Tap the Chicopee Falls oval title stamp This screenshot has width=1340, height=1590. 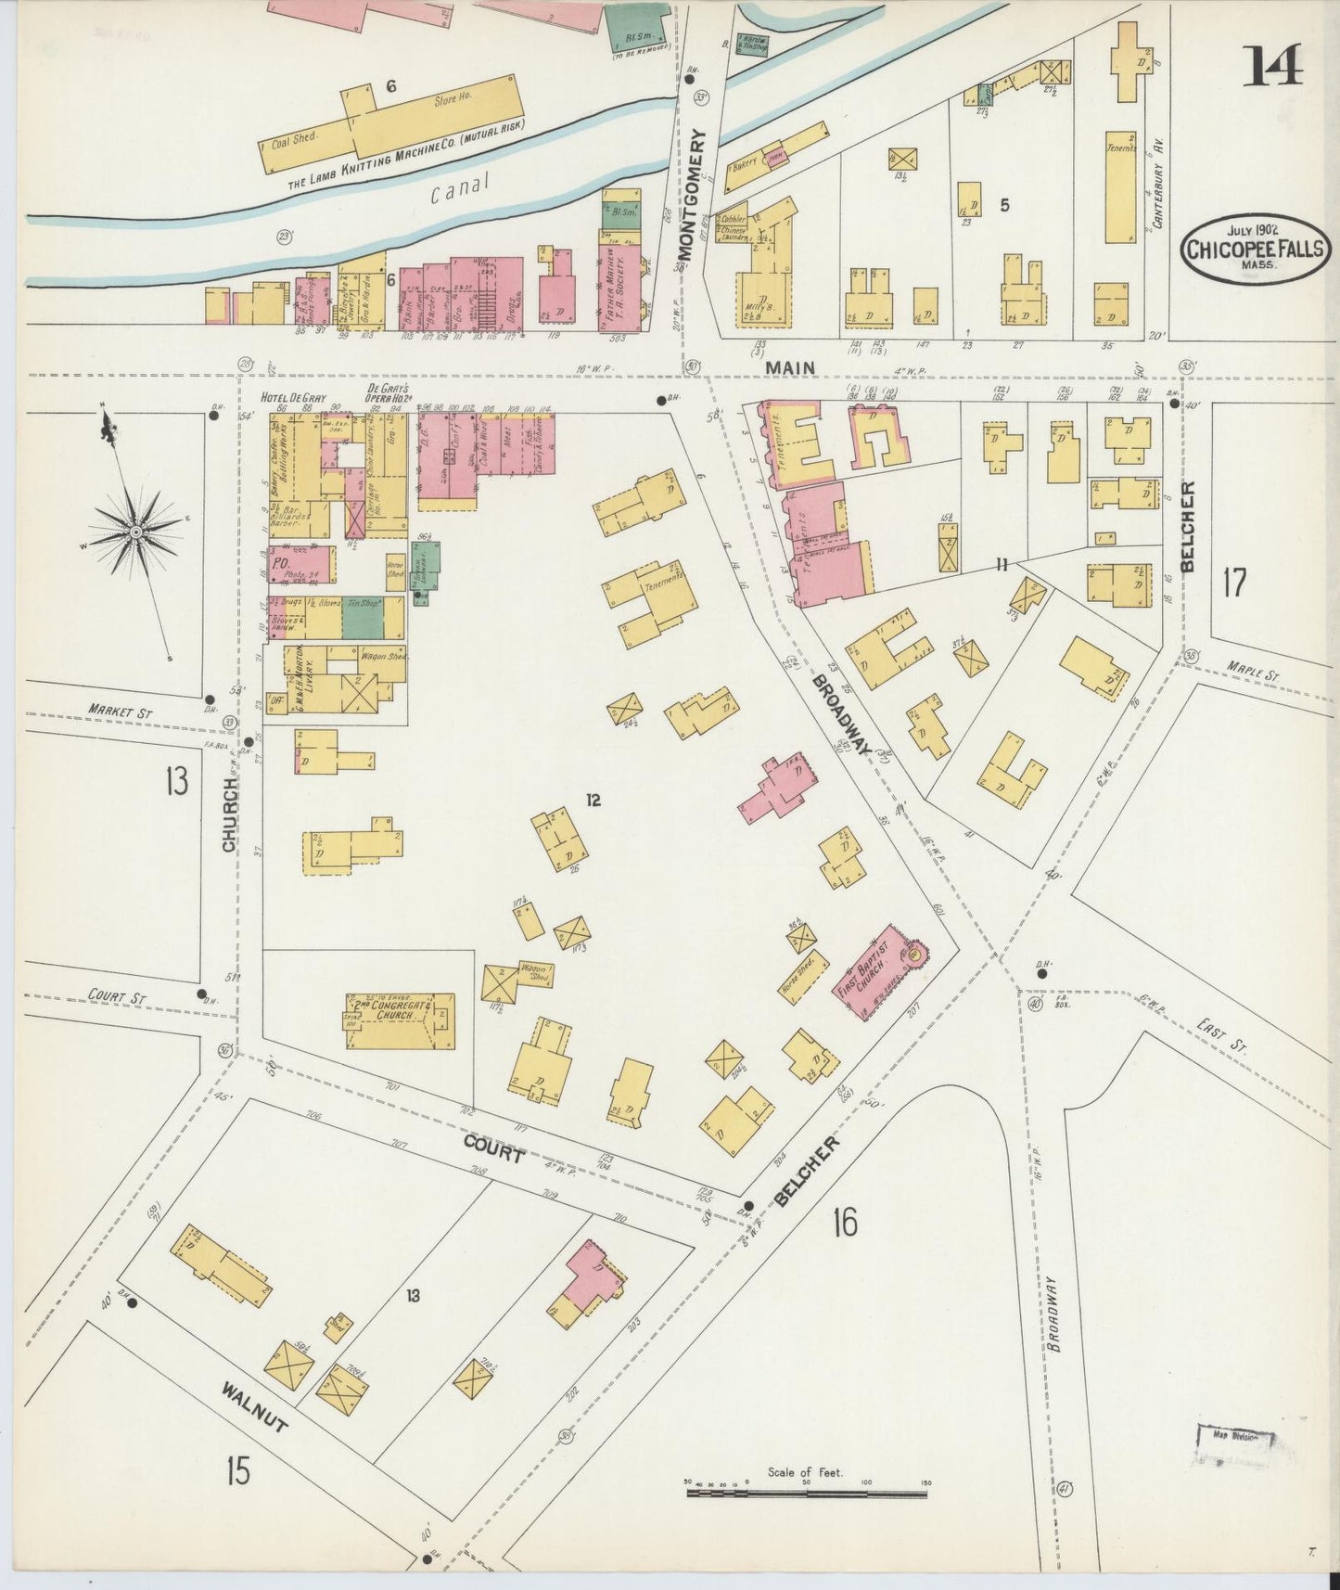point(1251,247)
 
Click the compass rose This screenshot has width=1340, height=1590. point(135,532)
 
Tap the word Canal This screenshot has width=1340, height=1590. point(459,187)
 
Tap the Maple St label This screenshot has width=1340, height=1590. point(1252,673)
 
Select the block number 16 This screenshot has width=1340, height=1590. point(844,1223)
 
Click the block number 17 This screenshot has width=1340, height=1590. point(1234,583)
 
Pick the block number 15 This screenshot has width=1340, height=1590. point(237,1470)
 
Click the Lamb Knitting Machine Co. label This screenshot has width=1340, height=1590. point(405,156)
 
